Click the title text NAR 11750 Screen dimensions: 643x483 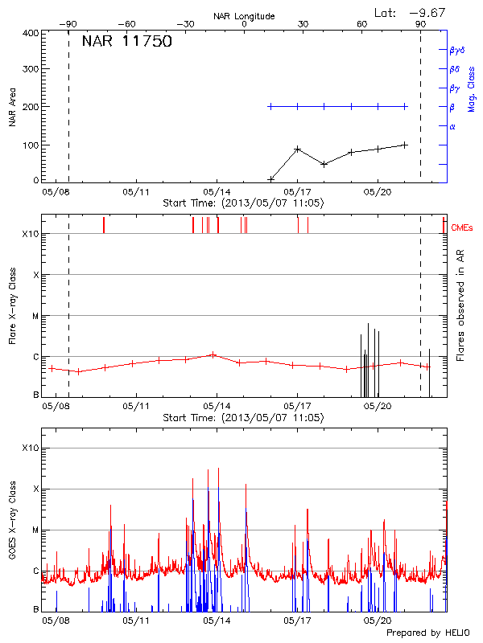pyautogui.click(x=126, y=42)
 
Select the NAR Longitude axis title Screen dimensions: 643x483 pyautogui.click(x=244, y=16)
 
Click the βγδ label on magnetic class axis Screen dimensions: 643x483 pyautogui.click(x=456, y=50)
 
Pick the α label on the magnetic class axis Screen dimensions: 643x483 pyautogui.click(x=452, y=126)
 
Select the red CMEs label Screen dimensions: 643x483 pyautogui.click(x=462, y=228)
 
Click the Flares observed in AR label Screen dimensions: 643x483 pyautogui.click(x=460, y=305)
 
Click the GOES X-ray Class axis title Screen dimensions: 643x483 pyautogui.click(x=12, y=527)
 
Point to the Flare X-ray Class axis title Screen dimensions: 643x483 pyautogui.click(x=12, y=305)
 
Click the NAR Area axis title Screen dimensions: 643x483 pyautogui.click(x=12, y=107)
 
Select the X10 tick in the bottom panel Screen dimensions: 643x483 pyautogui.click(x=30, y=448)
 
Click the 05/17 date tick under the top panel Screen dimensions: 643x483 pyautogui.click(x=298, y=193)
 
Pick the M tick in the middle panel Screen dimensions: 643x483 pyautogui.click(x=35, y=316)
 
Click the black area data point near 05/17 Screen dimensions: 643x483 pyautogui.click(x=298, y=149)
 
